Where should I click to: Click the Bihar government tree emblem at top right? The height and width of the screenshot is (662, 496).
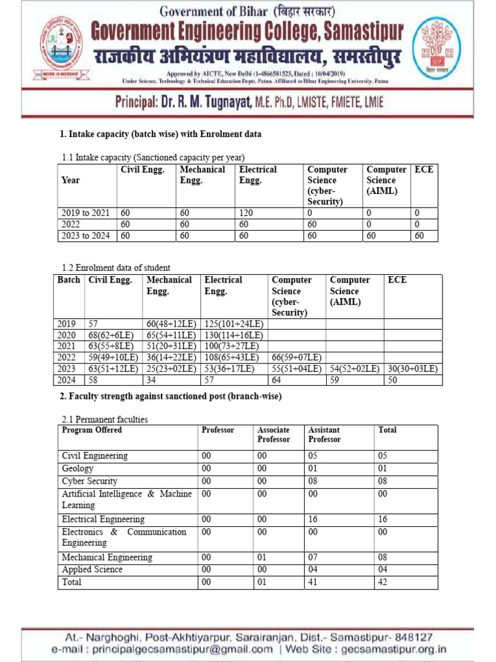tap(432, 46)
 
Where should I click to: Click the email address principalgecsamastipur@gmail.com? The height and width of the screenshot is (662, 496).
tap(183, 649)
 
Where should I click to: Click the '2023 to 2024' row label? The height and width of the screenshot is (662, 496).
tap(85, 236)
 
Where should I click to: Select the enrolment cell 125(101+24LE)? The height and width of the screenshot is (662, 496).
tap(234, 323)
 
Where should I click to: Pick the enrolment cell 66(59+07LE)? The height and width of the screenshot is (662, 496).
tap(296, 357)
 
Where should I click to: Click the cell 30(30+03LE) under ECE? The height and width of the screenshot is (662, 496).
tap(413, 368)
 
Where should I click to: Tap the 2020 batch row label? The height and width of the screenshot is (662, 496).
tap(67, 335)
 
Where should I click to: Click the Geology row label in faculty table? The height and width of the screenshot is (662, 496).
tap(78, 468)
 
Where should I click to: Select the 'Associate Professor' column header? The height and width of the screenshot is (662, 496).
tap(274, 434)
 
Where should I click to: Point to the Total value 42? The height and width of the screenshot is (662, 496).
tap(384, 582)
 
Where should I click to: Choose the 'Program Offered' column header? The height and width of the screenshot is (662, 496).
tap(92, 430)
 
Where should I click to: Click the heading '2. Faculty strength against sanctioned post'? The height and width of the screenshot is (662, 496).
tap(170, 396)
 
